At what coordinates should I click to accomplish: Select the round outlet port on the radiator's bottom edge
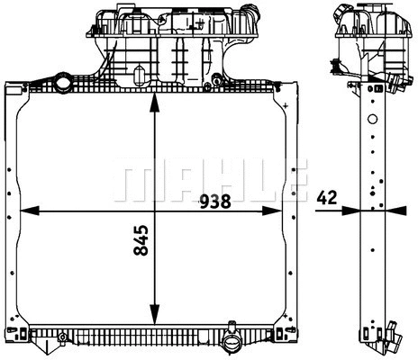tap(230, 344)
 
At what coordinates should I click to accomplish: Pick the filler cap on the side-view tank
tap(343, 13)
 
